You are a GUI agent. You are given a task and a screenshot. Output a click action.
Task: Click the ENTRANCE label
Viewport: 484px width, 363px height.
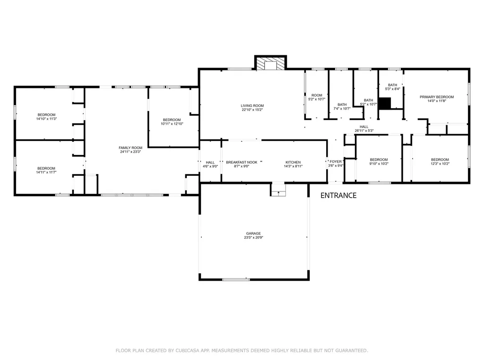[338, 196]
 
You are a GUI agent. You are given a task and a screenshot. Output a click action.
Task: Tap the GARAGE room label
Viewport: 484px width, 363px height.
[253, 233]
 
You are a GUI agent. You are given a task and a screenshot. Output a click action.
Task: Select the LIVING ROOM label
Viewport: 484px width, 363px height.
[252, 105]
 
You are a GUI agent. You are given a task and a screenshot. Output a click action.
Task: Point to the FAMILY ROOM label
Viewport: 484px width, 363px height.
[130, 147]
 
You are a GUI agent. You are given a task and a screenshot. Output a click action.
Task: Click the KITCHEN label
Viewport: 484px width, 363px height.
[293, 162]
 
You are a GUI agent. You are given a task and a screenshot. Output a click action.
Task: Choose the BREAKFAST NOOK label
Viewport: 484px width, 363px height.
[242, 162]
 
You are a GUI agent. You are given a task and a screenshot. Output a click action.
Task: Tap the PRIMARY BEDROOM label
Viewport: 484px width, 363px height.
[437, 97]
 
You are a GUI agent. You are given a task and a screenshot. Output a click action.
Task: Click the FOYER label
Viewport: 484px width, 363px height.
[335, 162]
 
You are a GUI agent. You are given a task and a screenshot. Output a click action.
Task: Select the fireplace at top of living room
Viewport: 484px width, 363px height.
[270, 63]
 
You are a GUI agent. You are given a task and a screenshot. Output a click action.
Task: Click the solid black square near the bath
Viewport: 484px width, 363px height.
[386, 104]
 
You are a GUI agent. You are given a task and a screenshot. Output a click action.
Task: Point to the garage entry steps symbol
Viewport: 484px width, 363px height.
[278, 190]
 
